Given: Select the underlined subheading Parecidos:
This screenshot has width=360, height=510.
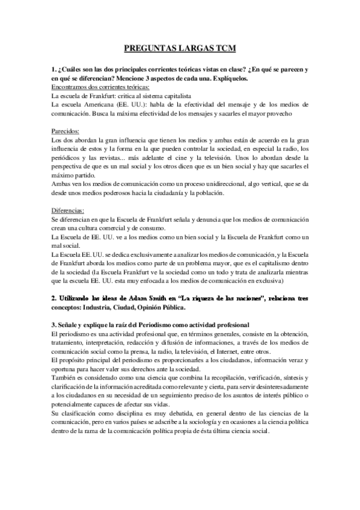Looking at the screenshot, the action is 67,130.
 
